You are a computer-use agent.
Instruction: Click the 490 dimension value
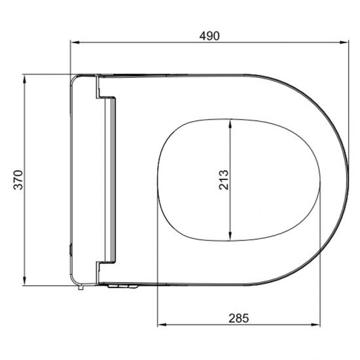click(209, 37)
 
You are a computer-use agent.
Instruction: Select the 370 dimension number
click(18, 179)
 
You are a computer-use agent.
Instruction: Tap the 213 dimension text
click(223, 179)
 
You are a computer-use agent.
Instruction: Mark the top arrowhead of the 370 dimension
click(24, 77)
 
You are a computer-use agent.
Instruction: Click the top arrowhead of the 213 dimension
click(230, 123)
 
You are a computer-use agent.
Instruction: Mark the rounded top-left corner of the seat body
click(74, 79)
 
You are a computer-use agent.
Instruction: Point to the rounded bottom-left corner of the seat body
click(74, 281)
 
